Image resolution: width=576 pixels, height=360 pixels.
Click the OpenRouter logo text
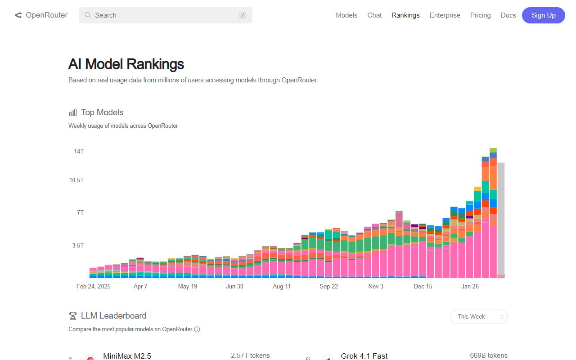pyautogui.click(x=46, y=15)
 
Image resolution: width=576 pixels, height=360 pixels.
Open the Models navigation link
pyautogui.click(x=346, y=15)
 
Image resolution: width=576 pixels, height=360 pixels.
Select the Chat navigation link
pyautogui.click(x=374, y=15)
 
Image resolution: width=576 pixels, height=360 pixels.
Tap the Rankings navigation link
pyautogui.click(x=405, y=15)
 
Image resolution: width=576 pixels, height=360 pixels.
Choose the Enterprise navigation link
pyautogui.click(x=445, y=15)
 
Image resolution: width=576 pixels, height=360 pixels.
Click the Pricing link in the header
pyautogui.click(x=480, y=15)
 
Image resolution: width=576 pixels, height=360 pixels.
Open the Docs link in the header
pyautogui.click(x=508, y=15)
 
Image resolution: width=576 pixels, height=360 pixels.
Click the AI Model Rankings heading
pyautogui.click(x=126, y=64)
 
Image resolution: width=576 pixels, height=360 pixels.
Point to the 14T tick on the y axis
pyautogui.click(x=79, y=151)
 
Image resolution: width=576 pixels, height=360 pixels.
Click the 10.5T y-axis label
pyautogui.click(x=76, y=180)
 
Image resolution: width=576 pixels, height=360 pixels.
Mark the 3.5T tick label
pyautogui.click(x=78, y=246)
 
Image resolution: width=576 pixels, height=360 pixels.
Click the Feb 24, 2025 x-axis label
pyautogui.click(x=93, y=286)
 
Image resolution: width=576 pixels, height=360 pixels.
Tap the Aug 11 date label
pyautogui.click(x=282, y=286)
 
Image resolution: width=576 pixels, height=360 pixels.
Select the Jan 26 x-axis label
pyautogui.click(x=470, y=286)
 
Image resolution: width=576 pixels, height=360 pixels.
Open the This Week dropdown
pyautogui.click(x=478, y=317)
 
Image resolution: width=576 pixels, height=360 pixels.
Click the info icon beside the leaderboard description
pyautogui.click(x=197, y=329)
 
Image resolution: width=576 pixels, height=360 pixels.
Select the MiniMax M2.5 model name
pyautogui.click(x=127, y=356)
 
